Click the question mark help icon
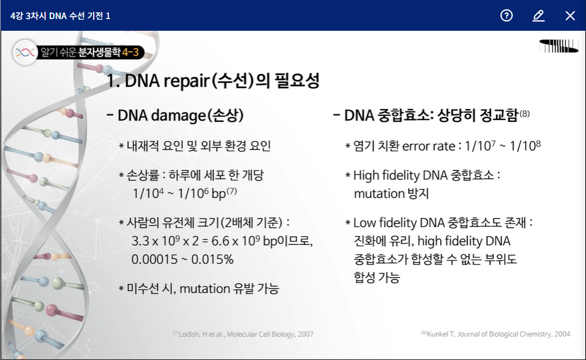[507, 15]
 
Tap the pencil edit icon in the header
[538, 15]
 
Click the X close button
[570, 15]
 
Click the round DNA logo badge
[25, 52]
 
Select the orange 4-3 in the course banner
[130, 52]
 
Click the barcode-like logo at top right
[559, 46]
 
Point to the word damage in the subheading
[179, 116]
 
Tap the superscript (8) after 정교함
[524, 113]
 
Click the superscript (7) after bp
[231, 191]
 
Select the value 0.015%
[212, 259]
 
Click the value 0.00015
[155, 259]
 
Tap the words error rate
[428, 146]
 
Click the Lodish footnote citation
[243, 334]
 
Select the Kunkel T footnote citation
[496, 334]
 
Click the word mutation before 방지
[379, 193]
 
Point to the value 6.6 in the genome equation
[220, 241]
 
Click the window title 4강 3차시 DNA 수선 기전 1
[60, 15]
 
